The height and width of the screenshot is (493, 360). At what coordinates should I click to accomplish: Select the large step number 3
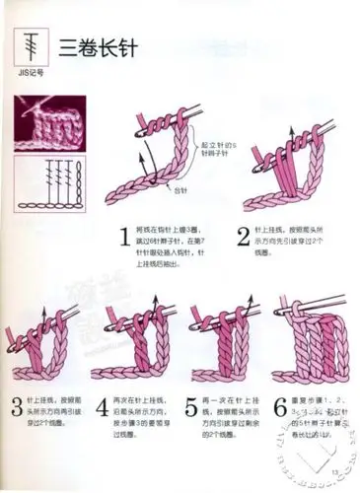(x=17, y=406)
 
